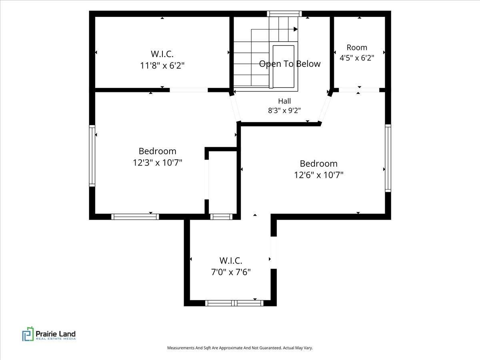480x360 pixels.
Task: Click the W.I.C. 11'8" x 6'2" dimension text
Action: pyautogui.click(x=162, y=65)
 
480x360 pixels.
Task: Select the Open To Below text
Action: pyautogui.click(x=290, y=64)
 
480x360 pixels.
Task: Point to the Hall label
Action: pyautogui.click(x=284, y=101)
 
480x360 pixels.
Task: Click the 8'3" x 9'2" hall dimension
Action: pyautogui.click(x=284, y=111)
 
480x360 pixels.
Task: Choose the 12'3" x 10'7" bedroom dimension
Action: pyautogui.click(x=158, y=162)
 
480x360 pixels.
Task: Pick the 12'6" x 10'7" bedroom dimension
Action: pyautogui.click(x=319, y=175)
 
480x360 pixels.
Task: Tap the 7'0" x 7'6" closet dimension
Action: pyautogui.click(x=231, y=272)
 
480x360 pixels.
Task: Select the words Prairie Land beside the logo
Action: pyautogui.click(x=56, y=334)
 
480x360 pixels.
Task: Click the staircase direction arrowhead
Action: pyautogui.click(x=296, y=29)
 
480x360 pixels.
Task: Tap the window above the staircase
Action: pyautogui.click(x=284, y=14)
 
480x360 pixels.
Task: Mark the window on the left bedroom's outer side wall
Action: pyautogui.click(x=92, y=156)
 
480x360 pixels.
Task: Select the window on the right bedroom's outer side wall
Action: pyautogui.click(x=388, y=158)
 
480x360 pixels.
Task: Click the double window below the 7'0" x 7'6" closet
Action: pyautogui.click(x=234, y=303)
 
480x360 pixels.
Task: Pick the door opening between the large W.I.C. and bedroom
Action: pyautogui.click(x=189, y=90)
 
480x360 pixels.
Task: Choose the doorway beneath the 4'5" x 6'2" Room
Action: pyautogui.click(x=359, y=90)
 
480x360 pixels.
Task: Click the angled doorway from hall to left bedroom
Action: pyautogui.click(x=235, y=108)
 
